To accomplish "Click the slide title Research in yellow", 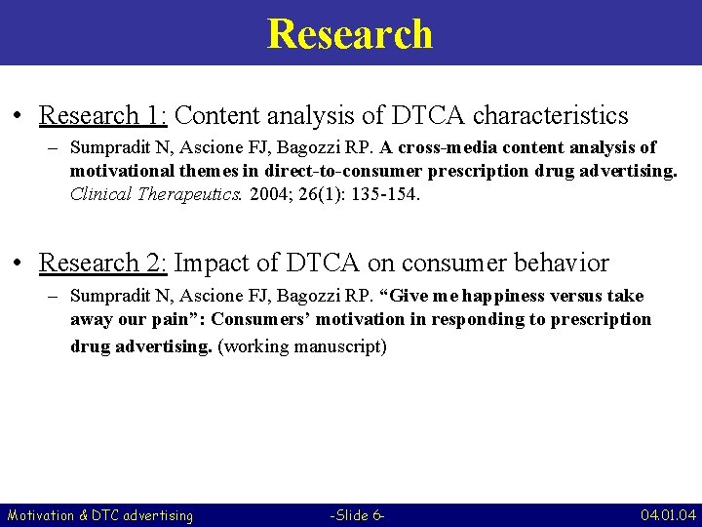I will coord(349,33).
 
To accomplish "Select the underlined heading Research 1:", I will coord(103,116).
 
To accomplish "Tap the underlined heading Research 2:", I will coord(103,263).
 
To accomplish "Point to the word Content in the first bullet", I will coord(215,116).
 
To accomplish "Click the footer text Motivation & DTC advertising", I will coord(100,515).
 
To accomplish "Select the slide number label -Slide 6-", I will coord(358,515).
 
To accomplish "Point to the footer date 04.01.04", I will coord(668,515).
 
